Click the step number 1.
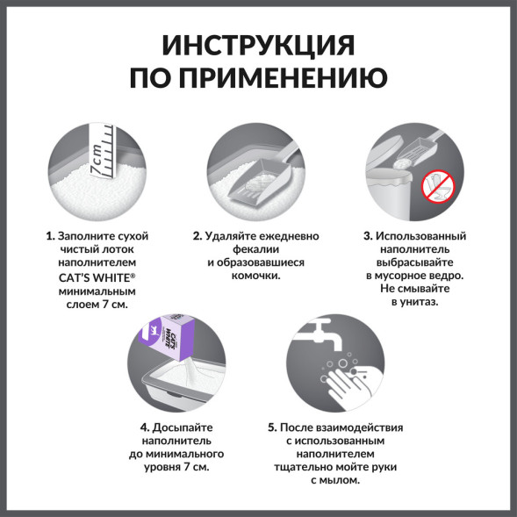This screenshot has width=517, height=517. click(50, 236)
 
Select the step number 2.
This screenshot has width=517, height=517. click(197, 236)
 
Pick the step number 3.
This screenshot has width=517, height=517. click(367, 236)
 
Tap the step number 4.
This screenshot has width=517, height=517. click(143, 427)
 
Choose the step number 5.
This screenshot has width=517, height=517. click(272, 427)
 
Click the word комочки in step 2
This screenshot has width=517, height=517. click(255, 276)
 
